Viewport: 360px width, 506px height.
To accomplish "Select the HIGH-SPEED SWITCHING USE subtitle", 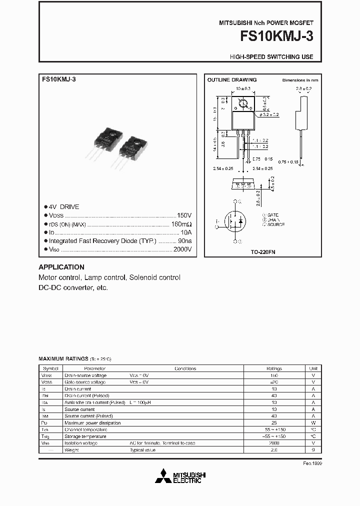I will click(x=271, y=57).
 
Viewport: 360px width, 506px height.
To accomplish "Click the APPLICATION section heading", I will click(x=61, y=267).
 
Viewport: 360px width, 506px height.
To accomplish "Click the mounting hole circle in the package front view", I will click(x=244, y=104).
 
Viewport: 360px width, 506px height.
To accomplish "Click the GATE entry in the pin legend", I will click(x=273, y=215).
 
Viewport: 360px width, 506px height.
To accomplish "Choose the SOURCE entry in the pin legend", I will click(x=275, y=224).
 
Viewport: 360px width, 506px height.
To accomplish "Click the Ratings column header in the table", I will click(x=274, y=368).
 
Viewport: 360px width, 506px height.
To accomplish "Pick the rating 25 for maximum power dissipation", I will click(x=274, y=422).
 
